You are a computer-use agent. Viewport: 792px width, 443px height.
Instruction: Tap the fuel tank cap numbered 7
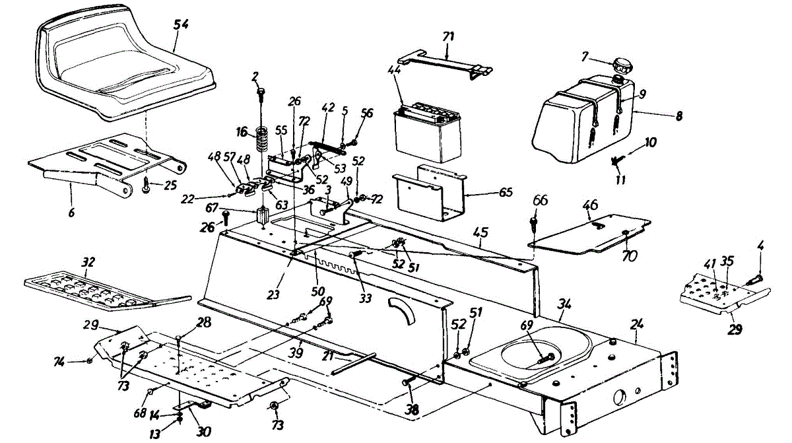622,67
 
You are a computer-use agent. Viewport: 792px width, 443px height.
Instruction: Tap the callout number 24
636,325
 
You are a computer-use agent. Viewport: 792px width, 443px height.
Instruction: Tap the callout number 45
480,232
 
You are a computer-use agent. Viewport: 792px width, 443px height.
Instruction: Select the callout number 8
678,115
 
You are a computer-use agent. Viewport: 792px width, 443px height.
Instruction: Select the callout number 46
589,205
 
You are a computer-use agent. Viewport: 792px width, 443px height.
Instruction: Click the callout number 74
58,360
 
